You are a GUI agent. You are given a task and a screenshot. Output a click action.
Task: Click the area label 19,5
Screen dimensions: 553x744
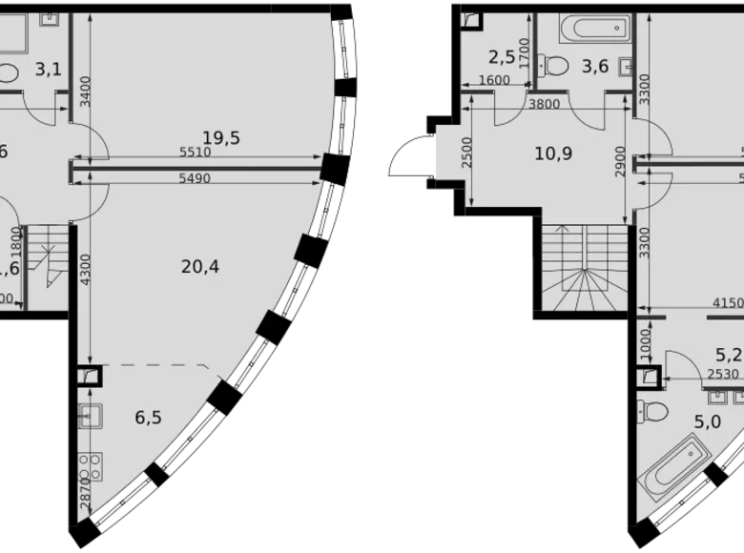(220, 137)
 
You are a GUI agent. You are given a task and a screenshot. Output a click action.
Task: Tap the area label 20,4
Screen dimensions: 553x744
(199, 267)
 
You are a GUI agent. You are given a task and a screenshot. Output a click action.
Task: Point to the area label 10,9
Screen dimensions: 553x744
(553, 152)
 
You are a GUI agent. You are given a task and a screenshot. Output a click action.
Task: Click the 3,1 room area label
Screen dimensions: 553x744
(48, 68)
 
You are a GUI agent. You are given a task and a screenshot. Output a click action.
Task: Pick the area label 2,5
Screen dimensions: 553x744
(502, 57)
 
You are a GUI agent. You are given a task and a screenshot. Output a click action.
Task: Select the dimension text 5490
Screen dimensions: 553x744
(195, 178)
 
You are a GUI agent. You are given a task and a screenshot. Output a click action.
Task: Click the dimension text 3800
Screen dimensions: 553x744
(544, 105)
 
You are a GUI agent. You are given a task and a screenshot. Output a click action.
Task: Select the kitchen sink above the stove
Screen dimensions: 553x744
(91, 417)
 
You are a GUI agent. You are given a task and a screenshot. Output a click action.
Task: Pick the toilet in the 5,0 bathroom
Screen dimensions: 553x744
(654, 412)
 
